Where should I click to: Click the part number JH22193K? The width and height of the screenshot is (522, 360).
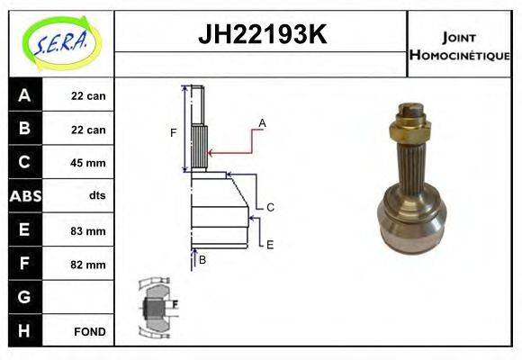[x=261, y=36]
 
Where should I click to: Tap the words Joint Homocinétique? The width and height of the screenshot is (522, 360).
[x=459, y=45]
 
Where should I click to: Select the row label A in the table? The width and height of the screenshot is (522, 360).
[x=24, y=95]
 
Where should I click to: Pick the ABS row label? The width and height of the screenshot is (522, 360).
[x=24, y=196]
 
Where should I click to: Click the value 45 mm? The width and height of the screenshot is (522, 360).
[x=88, y=163]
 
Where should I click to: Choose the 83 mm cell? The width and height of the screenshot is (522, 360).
[x=88, y=230]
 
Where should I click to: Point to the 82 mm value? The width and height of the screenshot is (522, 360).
[x=88, y=265]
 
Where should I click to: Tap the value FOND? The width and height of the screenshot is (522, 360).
[x=89, y=331]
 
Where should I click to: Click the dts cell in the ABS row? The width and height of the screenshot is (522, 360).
[x=88, y=196]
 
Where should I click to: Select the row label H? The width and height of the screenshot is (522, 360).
[x=24, y=331]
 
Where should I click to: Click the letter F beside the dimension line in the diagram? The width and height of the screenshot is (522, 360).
[x=173, y=133]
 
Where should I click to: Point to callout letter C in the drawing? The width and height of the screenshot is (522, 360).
[x=269, y=207]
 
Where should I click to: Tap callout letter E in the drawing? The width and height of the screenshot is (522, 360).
[x=269, y=243]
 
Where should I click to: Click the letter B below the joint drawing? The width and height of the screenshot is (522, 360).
[x=202, y=259]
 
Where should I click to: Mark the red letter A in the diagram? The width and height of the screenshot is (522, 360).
[x=262, y=122]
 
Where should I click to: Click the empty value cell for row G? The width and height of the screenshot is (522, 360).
[x=88, y=297]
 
